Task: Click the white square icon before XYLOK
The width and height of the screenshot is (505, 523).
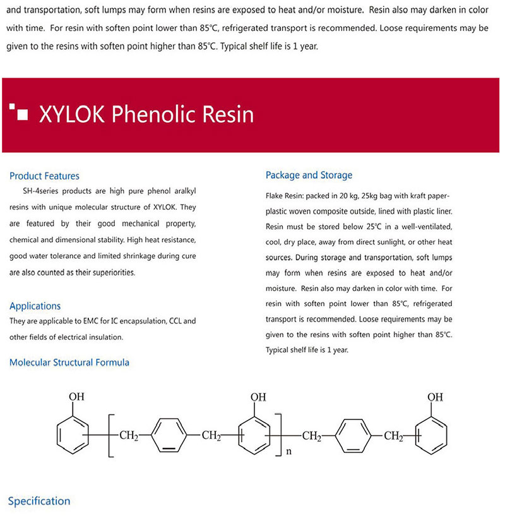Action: (23, 114)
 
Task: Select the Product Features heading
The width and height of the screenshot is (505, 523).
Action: (44, 176)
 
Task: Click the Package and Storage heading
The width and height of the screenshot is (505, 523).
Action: (309, 175)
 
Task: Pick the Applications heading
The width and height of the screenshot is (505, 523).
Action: (35, 306)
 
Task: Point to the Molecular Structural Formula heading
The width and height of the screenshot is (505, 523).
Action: (69, 363)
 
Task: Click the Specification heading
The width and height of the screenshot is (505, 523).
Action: (39, 501)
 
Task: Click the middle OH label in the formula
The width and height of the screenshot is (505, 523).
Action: (258, 397)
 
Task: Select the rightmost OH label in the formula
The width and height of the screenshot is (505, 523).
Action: (435, 397)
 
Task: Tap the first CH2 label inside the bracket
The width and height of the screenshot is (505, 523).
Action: (129, 436)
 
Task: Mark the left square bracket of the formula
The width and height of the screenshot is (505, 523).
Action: (110, 436)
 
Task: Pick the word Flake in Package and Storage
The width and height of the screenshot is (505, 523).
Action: (276, 196)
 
